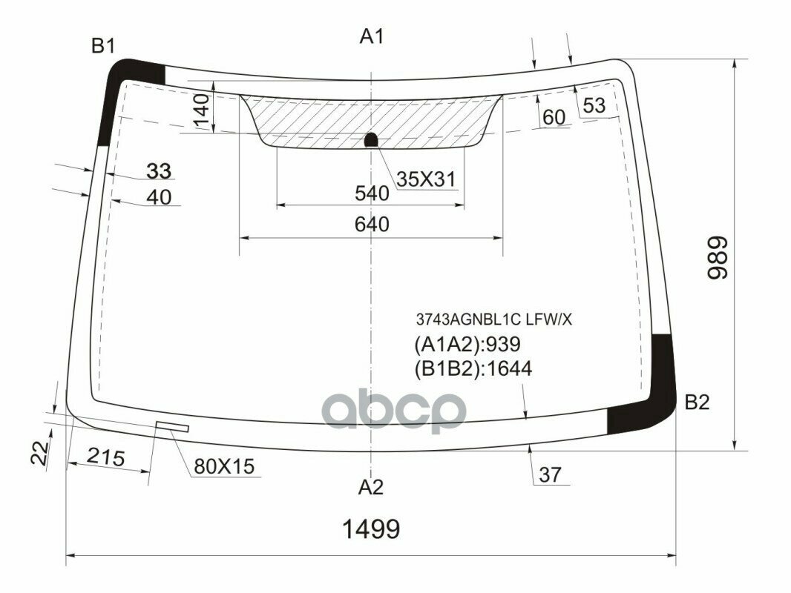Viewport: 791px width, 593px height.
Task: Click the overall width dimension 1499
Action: (371, 529)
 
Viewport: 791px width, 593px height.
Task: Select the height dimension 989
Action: (717, 258)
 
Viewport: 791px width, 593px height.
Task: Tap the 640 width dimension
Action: (372, 224)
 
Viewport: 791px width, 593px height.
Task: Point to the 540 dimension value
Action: (372, 194)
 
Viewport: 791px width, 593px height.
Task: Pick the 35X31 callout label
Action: (424, 179)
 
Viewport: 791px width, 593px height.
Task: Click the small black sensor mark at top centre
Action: (372, 139)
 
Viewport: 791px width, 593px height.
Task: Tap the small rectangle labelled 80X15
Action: (172, 426)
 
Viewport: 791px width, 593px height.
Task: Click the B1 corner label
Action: (103, 47)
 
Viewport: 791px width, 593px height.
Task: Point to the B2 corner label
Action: (697, 402)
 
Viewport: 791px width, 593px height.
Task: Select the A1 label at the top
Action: (372, 36)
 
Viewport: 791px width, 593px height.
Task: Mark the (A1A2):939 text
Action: (466, 344)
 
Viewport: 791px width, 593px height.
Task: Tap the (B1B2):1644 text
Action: (471, 368)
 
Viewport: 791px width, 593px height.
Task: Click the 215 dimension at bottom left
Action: (105, 457)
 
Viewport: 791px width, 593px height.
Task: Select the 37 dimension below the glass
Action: (551, 475)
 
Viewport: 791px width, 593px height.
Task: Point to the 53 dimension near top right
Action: (594, 105)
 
